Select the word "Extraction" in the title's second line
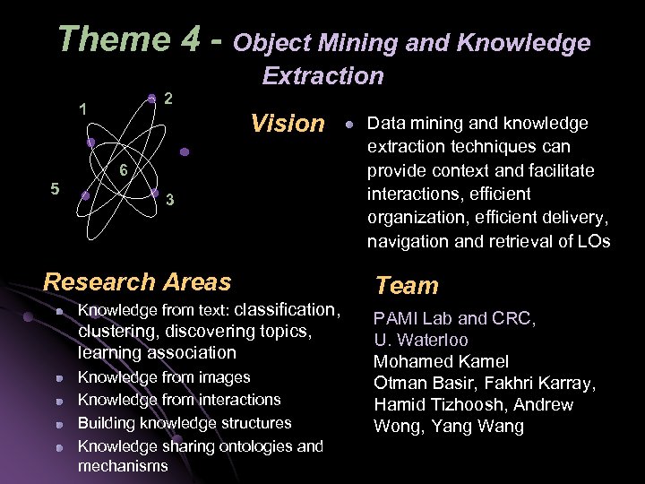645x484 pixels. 322,76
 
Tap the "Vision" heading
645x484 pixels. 288,123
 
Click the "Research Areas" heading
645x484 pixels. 137,281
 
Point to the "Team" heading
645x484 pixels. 407,286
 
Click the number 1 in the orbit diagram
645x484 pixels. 82,110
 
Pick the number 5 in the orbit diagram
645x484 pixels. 56,189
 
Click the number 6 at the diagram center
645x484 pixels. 124,171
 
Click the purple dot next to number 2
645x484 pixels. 152,98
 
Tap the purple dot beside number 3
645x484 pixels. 154,192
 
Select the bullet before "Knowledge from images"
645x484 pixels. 58,379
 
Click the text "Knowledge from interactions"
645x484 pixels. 179,400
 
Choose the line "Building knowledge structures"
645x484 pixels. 185,423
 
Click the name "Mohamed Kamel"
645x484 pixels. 441,362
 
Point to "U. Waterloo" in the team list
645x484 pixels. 421,341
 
